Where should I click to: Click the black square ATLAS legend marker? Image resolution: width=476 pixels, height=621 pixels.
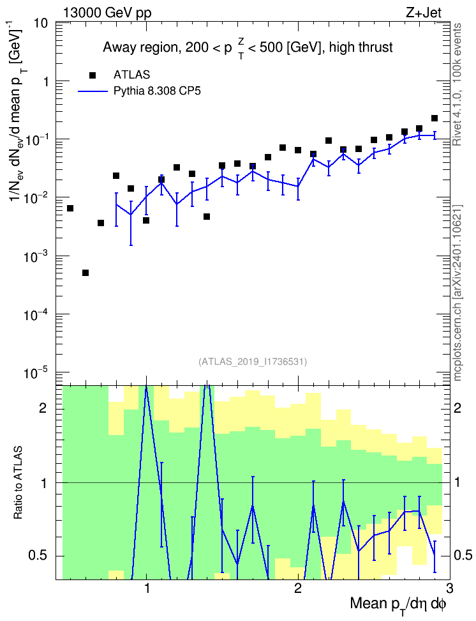93,75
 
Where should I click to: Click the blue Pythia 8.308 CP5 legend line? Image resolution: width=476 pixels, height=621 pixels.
93,91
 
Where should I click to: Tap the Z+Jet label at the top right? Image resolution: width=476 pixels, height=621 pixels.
424,13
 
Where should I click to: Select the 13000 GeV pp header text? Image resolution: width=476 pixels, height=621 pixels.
107,13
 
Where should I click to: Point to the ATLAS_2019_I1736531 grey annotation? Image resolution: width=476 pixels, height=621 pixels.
253,361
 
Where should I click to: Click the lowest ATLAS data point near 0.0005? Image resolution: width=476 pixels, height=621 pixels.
86,272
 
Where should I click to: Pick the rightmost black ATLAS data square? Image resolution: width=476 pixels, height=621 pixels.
435,118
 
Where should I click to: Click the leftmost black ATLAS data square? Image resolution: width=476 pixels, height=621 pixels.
70,208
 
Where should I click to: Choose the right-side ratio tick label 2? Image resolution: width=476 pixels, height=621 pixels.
457,408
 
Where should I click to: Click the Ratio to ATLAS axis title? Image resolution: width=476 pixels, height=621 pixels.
18,483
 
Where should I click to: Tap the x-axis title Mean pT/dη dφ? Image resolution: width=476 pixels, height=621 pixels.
398,604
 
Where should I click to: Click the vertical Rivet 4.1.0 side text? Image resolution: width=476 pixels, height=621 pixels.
457,85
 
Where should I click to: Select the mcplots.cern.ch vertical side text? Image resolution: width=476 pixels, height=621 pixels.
457,293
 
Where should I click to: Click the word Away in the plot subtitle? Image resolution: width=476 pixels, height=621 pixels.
118,47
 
